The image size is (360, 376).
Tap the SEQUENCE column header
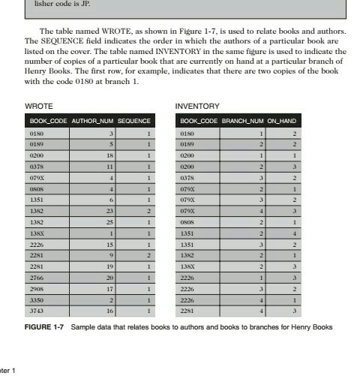(135, 120)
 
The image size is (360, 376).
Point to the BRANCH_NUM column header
(243, 120)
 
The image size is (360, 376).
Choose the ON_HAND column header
(283, 120)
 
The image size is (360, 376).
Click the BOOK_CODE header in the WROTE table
(49, 120)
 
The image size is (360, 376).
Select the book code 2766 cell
(37, 278)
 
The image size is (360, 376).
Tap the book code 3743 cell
(37, 309)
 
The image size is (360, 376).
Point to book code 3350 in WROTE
(37, 299)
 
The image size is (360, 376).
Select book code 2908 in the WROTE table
(37, 288)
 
